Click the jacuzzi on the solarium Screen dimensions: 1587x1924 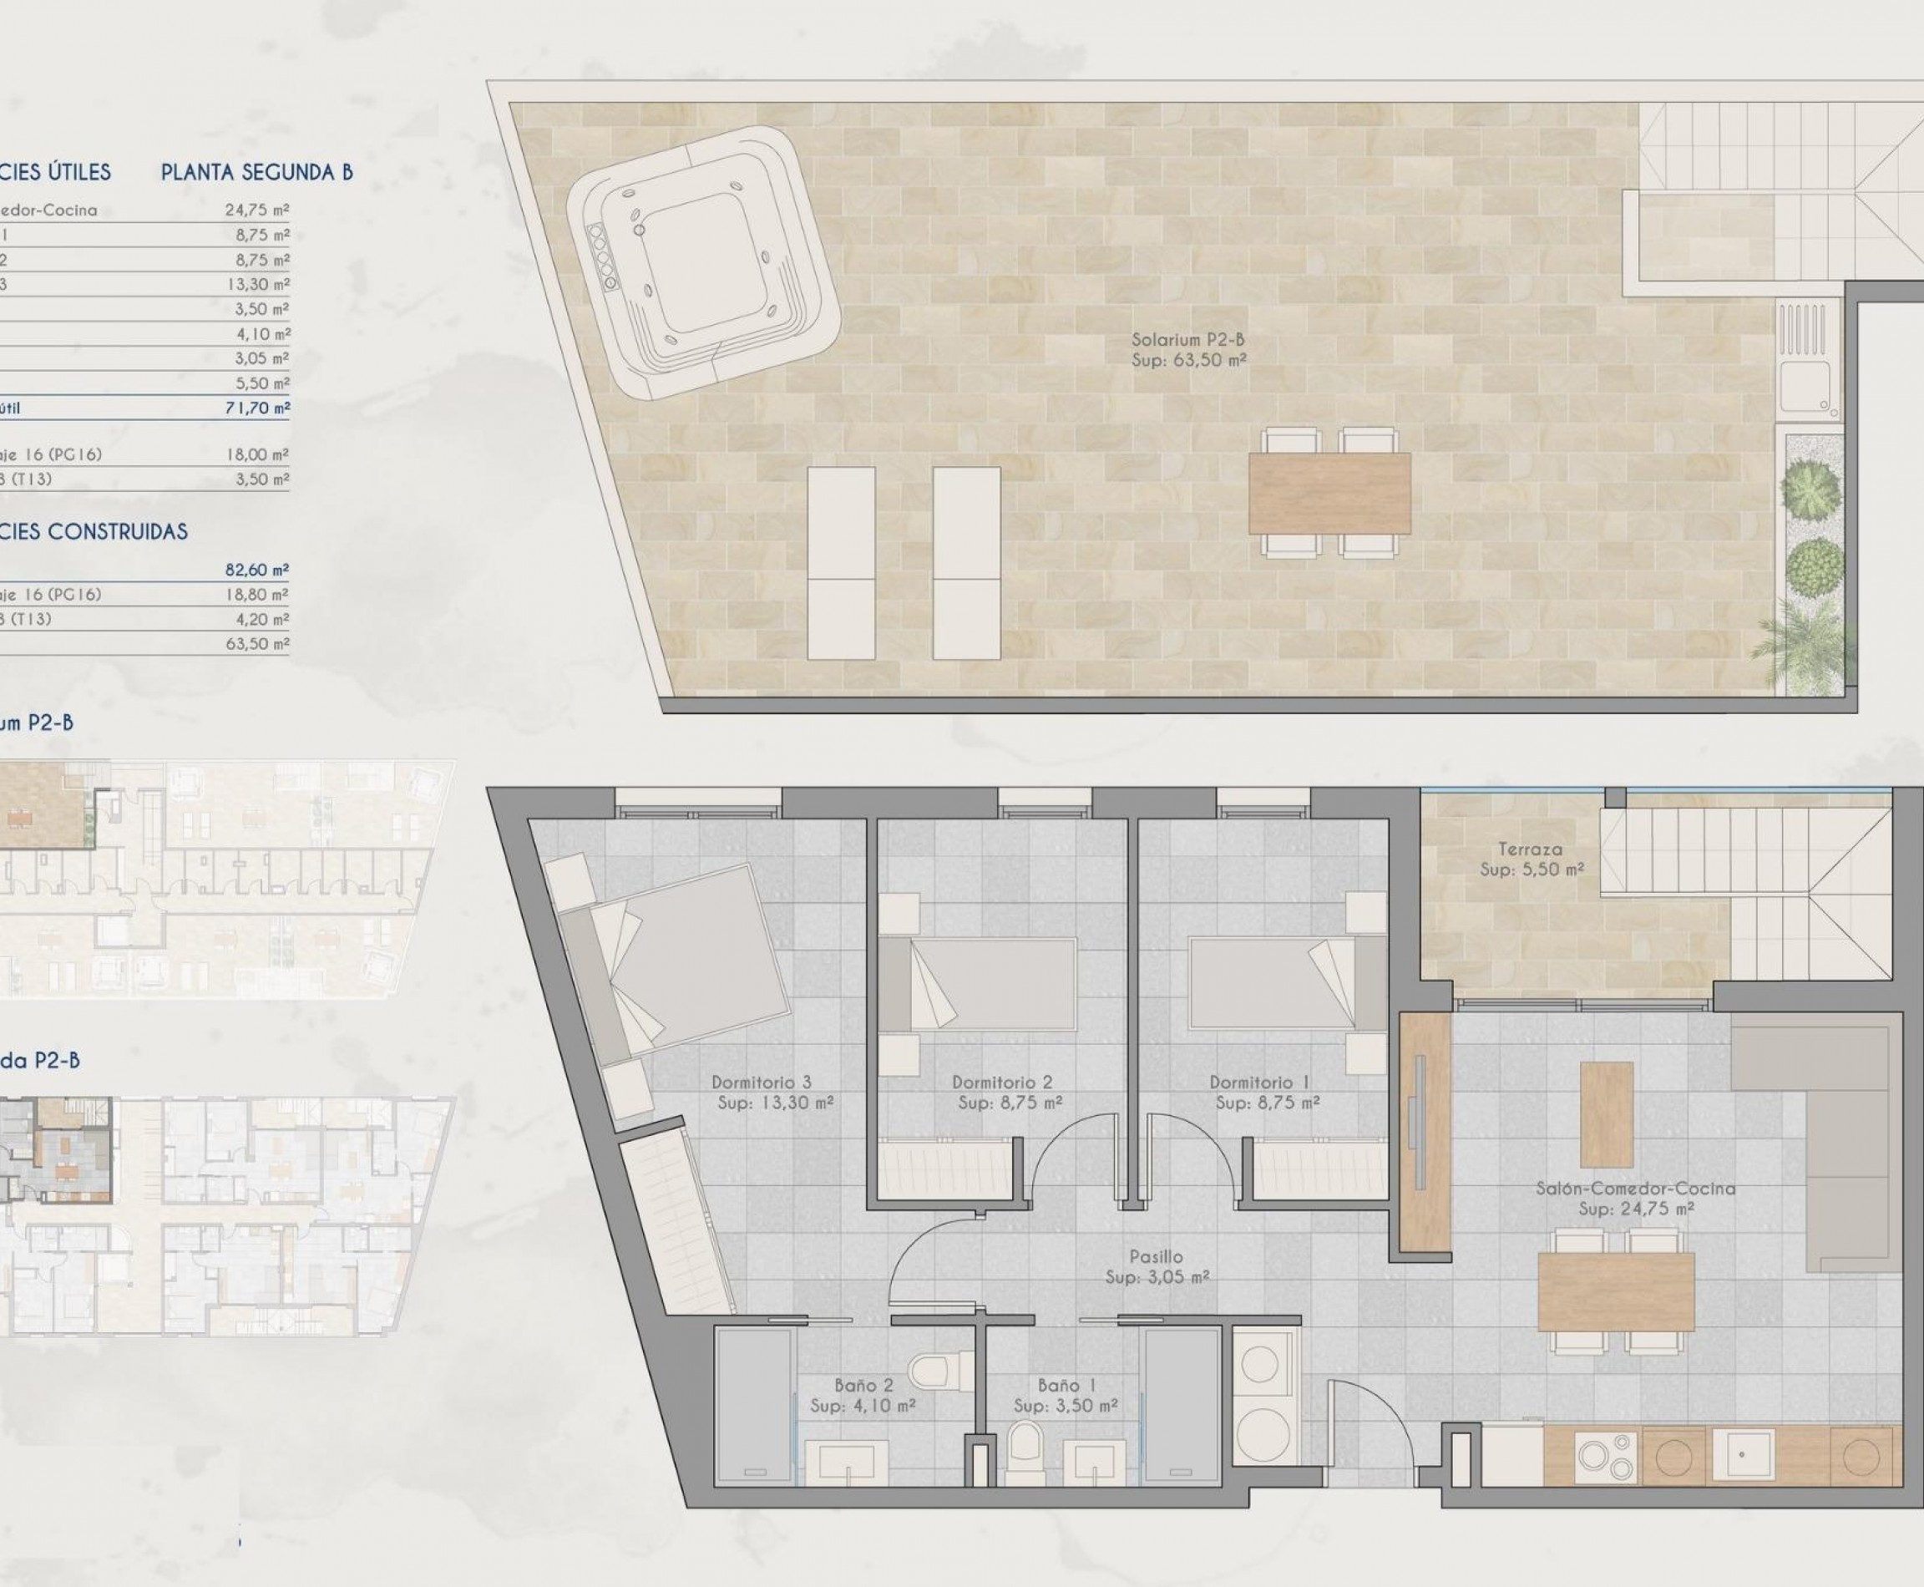702,262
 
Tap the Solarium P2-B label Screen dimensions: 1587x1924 1188,350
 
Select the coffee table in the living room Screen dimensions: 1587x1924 1607,1113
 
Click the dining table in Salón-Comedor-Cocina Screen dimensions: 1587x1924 1615,1290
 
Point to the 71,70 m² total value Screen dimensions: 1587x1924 258,408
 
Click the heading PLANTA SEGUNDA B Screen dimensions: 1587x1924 257,172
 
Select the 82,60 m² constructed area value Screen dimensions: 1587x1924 257,570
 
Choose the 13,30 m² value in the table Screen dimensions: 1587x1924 259,284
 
